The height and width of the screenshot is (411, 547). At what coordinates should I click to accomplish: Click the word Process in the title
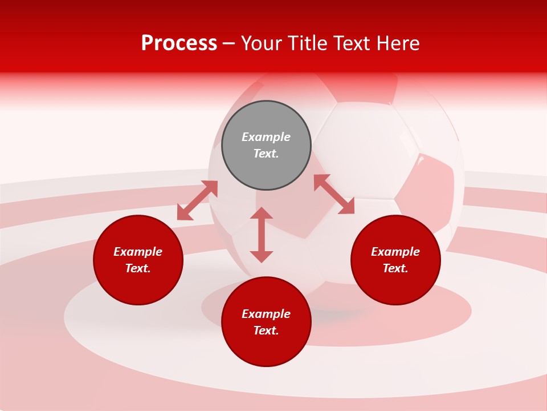(179, 43)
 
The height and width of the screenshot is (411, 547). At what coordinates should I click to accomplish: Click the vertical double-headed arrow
(262, 235)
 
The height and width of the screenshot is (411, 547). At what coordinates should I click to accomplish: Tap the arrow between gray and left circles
(197, 200)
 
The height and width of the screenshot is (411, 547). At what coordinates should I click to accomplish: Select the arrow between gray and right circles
(334, 194)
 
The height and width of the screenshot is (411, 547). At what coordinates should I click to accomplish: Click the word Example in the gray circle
(266, 137)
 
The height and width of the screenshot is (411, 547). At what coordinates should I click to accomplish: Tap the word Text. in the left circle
(138, 268)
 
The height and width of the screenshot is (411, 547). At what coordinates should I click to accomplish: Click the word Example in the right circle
(395, 252)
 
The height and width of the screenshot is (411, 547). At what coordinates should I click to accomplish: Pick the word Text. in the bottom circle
(266, 331)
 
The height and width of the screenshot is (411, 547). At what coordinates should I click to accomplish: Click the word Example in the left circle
(138, 252)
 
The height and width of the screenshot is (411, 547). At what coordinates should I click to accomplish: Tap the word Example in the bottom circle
(266, 314)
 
